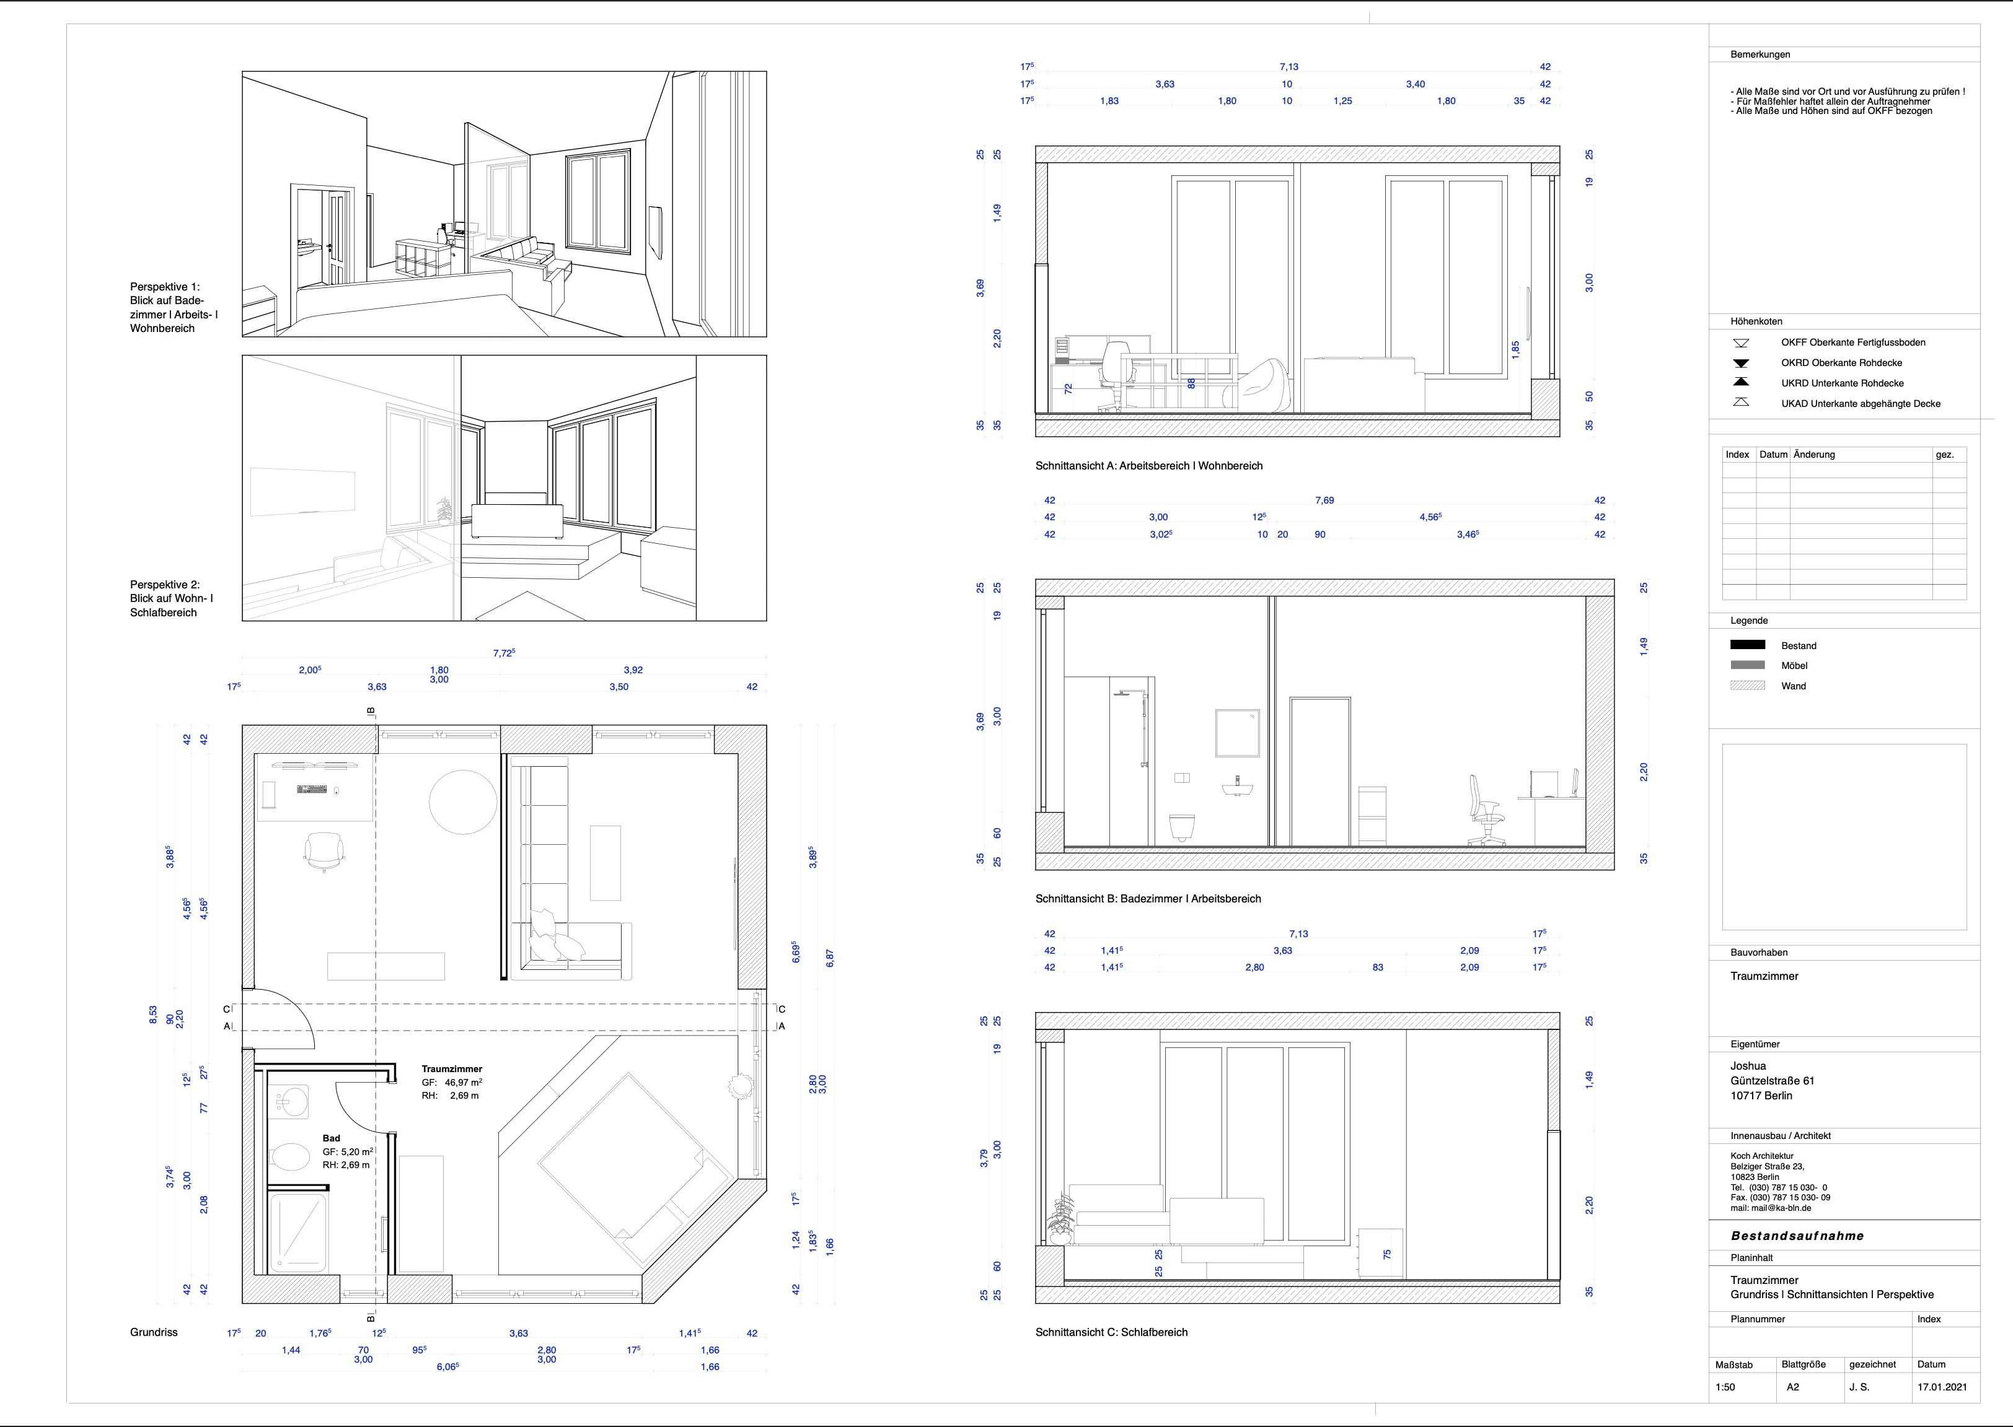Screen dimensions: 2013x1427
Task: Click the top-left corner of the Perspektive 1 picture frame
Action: pos(242,72)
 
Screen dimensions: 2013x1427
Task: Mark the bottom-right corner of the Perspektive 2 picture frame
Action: pos(767,621)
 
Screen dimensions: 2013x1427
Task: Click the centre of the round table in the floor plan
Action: pos(463,801)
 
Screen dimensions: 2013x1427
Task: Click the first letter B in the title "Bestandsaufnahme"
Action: pos(1736,1236)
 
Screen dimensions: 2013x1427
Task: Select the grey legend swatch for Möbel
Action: pos(1748,665)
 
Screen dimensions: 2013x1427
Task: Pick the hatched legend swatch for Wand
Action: pos(1748,686)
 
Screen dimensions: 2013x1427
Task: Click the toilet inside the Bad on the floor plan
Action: pos(289,1156)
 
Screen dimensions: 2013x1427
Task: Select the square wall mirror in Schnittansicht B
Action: pos(1238,733)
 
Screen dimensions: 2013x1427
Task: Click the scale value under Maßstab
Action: pos(1725,1387)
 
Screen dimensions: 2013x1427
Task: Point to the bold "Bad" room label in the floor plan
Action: pos(332,1138)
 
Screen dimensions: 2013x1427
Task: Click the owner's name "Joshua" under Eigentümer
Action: pos(1748,1066)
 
